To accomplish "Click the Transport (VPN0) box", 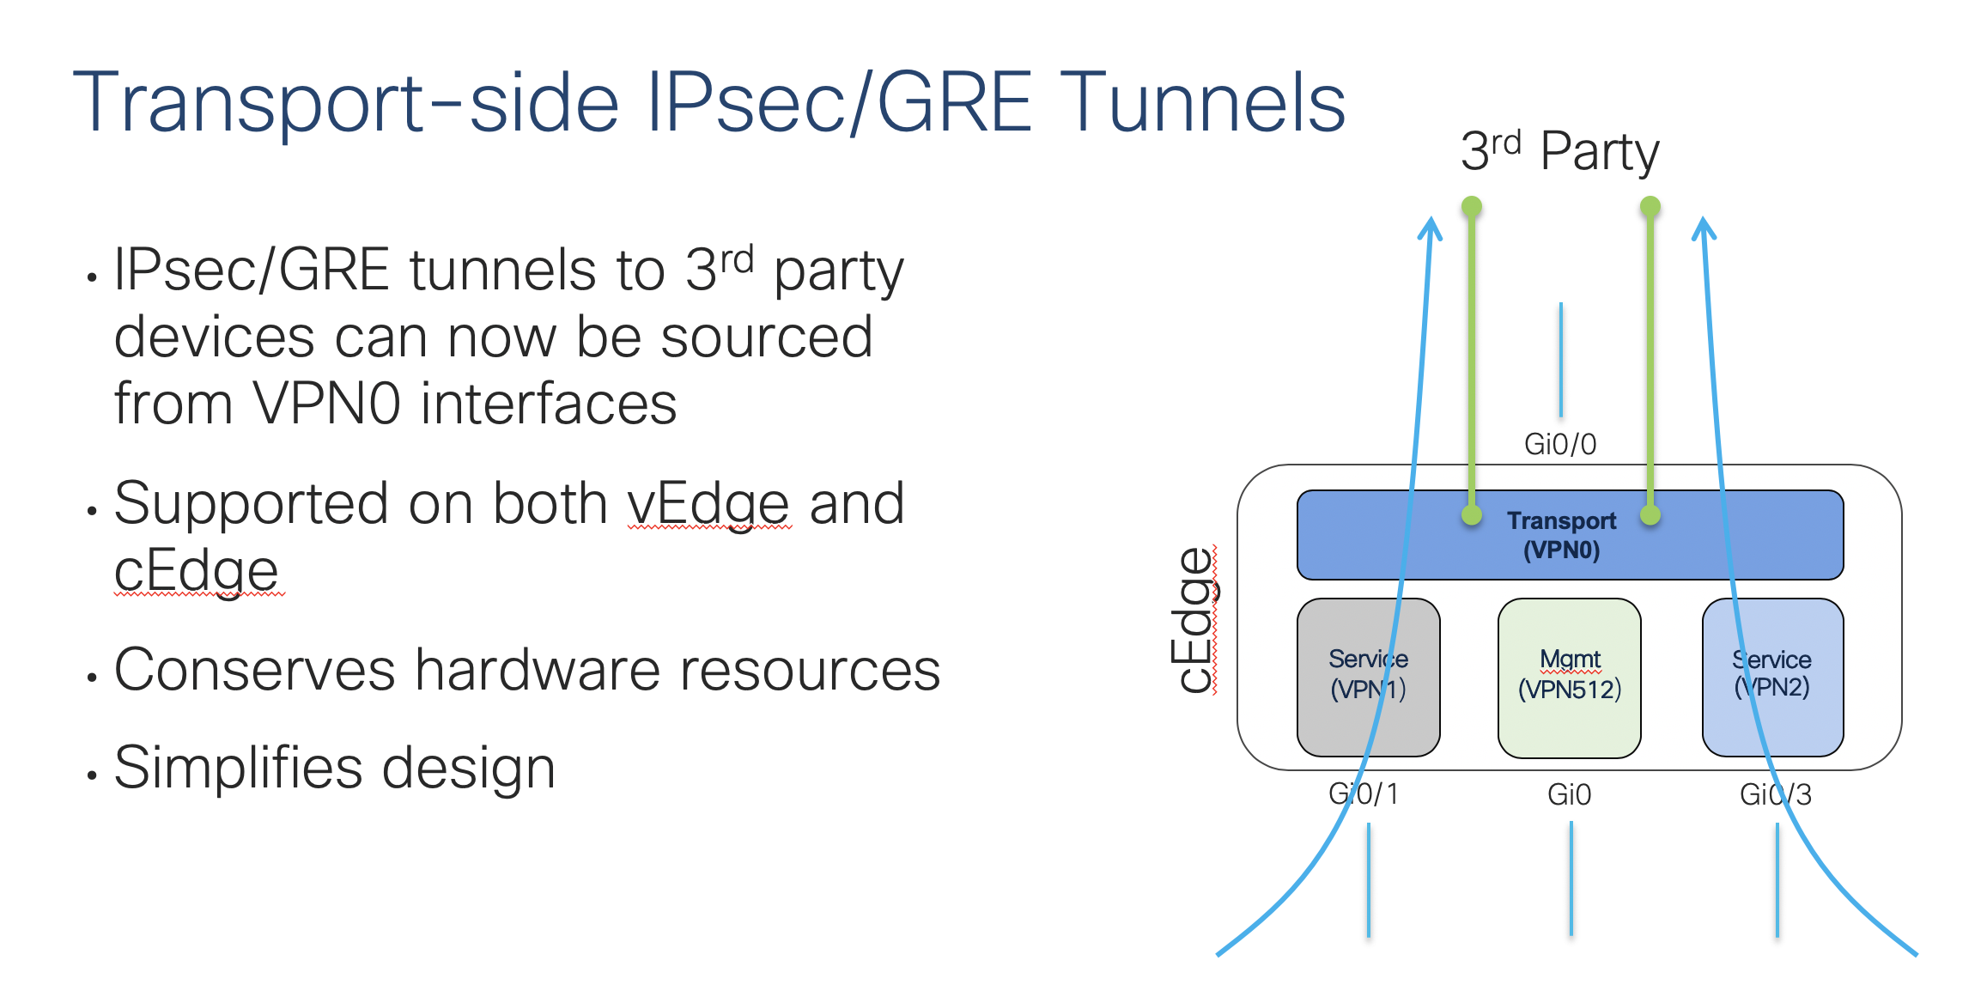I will pos(1570,535).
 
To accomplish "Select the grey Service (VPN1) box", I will pos(1368,677).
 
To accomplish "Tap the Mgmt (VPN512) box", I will pos(1570,677).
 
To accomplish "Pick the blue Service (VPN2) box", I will pos(1772,677).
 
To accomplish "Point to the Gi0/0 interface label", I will pos(1559,444).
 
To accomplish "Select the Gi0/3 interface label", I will pos(1775,794).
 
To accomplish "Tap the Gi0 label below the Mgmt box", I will pos(1569,794).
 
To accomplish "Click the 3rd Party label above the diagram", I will pos(1559,152).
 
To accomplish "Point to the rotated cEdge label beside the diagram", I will pos(1194,620).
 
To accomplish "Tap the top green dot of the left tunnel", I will pos(1472,206).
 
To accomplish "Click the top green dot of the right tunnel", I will pos(1650,206).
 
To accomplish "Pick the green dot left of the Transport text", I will pos(1472,515).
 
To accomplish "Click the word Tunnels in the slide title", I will pos(1202,103).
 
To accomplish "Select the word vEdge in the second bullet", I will pos(708,504).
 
